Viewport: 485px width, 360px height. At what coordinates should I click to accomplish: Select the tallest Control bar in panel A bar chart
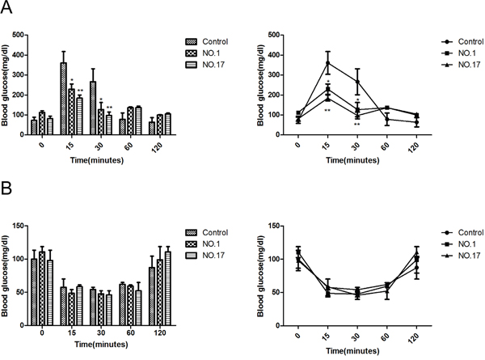click(x=63, y=97)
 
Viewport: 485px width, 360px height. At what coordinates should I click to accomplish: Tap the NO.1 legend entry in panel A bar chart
click(x=211, y=59)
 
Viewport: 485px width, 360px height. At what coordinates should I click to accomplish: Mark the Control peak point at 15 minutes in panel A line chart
click(x=327, y=63)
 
